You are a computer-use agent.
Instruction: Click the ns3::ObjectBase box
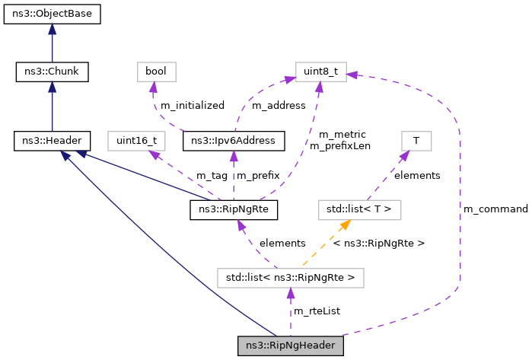(52, 14)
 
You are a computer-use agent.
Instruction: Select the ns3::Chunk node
(52, 72)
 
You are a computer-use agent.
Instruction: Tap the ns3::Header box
(52, 140)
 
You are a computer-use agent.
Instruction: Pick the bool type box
(157, 72)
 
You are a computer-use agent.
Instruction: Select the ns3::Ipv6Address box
(234, 140)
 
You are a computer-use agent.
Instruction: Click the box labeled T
(416, 140)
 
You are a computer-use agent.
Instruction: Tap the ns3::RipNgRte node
(234, 208)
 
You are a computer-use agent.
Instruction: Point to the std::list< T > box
(359, 208)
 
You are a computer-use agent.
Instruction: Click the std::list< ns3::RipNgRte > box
(290, 277)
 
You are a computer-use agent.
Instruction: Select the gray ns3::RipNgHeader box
(290, 345)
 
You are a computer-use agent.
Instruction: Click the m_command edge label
(495, 209)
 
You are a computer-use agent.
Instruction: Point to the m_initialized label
(192, 106)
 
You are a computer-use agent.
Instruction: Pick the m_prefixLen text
(339, 146)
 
